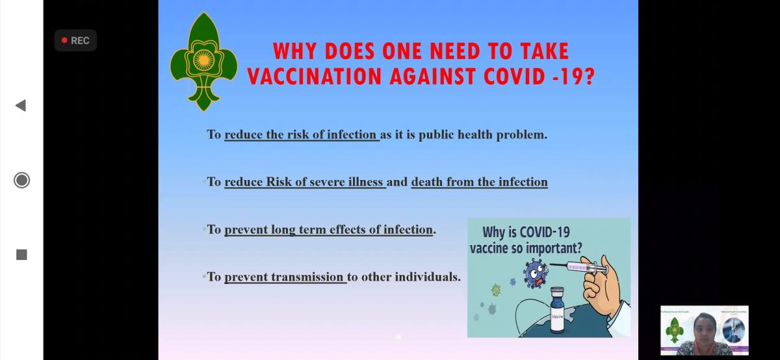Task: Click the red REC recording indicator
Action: (x=75, y=40)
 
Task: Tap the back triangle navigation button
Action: (x=21, y=105)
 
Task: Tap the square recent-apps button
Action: (x=21, y=255)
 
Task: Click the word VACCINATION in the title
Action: (x=315, y=76)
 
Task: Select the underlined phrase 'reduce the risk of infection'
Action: (x=301, y=135)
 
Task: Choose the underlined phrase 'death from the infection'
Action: (x=479, y=182)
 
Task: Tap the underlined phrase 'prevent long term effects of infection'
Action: (x=328, y=229)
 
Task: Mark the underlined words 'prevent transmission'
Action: (x=285, y=277)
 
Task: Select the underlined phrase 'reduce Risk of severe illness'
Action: (x=305, y=182)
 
